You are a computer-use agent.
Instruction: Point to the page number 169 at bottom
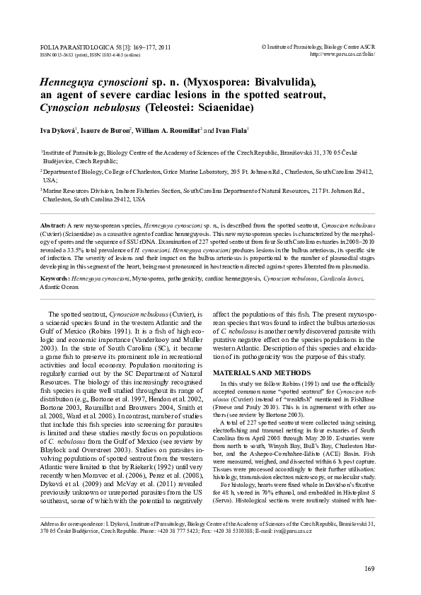pyautogui.click(x=369, y=569)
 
